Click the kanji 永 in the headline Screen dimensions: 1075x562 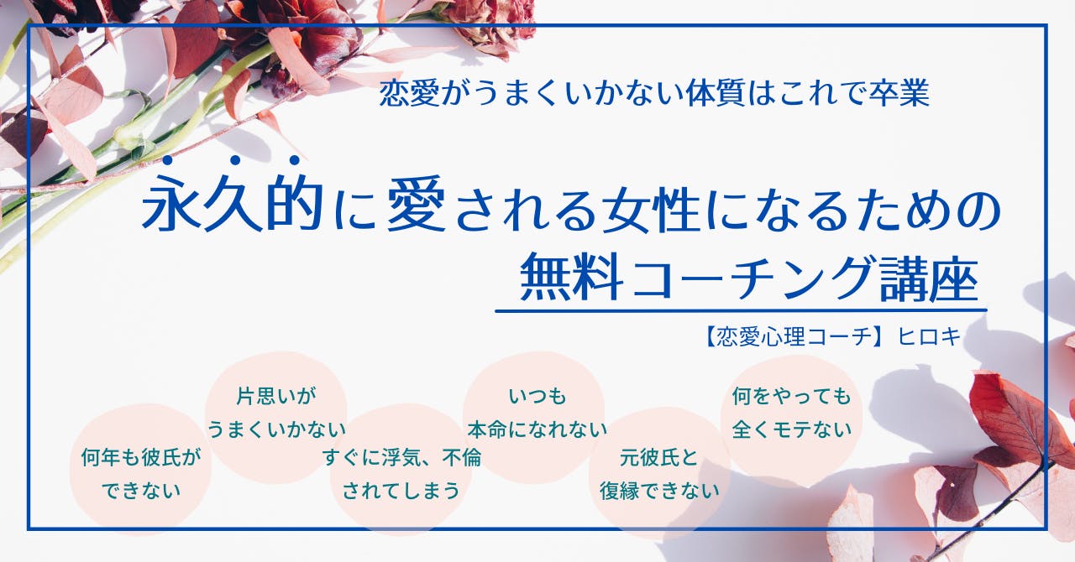coord(171,202)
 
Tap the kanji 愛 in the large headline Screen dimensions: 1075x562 coord(416,204)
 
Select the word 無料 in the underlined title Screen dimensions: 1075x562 coord(572,278)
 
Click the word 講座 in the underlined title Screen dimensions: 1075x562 coord(929,278)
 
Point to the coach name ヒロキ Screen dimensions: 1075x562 coord(929,336)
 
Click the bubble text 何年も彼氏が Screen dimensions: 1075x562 coord(141,457)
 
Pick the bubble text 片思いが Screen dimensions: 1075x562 coord(276,397)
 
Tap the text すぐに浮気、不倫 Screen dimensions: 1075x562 coord(401,457)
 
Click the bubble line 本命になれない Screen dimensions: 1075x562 coord(537,429)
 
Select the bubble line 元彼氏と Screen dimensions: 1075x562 coord(659,457)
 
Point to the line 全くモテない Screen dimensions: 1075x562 coord(792,429)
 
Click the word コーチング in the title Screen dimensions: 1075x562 coord(752,278)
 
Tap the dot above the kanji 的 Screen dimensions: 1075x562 coord(295,160)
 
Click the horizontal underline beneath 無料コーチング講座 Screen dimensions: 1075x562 coord(741,311)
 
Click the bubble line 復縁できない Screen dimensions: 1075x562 coord(659,491)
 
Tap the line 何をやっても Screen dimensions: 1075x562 coord(792,397)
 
